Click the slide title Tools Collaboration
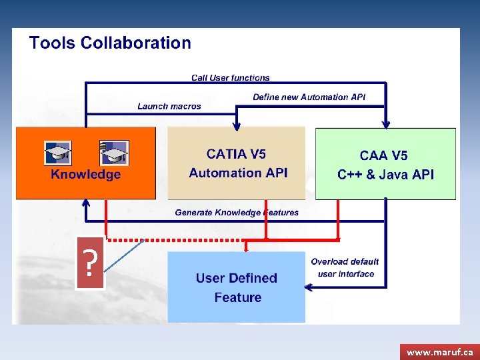click(x=110, y=43)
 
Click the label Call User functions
click(x=231, y=78)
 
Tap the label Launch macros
click(x=169, y=106)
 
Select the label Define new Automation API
click(x=309, y=97)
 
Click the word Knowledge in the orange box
click(x=86, y=175)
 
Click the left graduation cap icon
click(x=58, y=153)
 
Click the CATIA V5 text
click(x=236, y=155)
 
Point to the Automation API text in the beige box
click(x=238, y=173)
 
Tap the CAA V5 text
click(x=383, y=156)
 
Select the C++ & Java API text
click(x=385, y=175)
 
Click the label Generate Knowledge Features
click(x=237, y=213)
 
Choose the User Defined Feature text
click(x=237, y=287)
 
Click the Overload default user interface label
click(x=345, y=267)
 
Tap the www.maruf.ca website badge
click(x=439, y=351)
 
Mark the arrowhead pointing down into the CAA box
click(x=385, y=124)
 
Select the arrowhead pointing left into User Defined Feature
click(x=308, y=287)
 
